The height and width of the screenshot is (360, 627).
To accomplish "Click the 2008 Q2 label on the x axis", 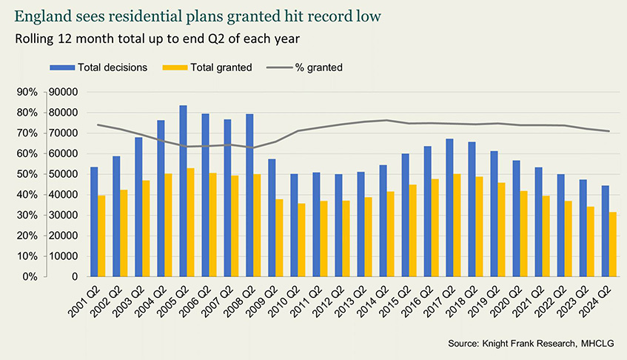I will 241,304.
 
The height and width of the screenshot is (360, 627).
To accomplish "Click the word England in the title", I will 36,16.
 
